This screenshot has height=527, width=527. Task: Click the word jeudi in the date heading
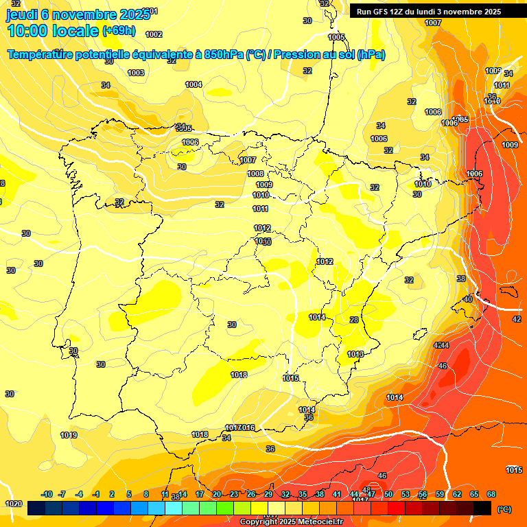click(21, 14)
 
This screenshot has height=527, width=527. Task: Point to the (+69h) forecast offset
click(119, 31)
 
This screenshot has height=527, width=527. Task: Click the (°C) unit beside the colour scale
click(504, 509)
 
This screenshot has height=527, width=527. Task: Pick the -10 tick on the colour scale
click(47, 494)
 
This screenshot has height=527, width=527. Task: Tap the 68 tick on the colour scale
click(491, 494)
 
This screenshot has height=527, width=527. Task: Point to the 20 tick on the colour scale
click(216, 494)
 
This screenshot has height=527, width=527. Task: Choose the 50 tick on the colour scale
click(388, 494)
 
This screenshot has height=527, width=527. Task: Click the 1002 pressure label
click(154, 34)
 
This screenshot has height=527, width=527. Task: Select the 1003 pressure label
click(136, 73)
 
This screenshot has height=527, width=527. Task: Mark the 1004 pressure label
click(194, 84)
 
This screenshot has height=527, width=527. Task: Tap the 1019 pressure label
click(69, 435)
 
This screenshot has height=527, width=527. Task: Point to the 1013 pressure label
click(355, 354)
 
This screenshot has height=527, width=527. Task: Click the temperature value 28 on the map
click(354, 320)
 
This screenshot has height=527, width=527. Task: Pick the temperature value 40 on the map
click(467, 299)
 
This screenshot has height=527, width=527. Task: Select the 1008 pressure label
click(255, 174)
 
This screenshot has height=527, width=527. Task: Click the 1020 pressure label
click(13, 504)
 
